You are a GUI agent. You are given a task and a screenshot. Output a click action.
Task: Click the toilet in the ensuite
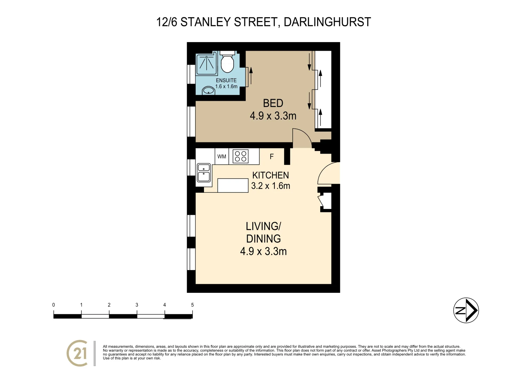[227, 63]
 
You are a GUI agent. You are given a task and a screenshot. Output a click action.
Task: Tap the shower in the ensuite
[206, 64]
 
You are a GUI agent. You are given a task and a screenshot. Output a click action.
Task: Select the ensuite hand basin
[208, 90]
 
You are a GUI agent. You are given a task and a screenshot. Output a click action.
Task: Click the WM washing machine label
[222, 156]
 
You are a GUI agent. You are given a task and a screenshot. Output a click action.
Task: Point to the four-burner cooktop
[241, 156]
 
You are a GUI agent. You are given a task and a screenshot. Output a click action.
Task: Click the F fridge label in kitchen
[272, 157]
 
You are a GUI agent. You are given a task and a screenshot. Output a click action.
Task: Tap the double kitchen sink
[204, 173]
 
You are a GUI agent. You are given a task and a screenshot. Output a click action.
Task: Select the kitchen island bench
[233, 185]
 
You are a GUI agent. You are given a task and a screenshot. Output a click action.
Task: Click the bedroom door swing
[301, 137]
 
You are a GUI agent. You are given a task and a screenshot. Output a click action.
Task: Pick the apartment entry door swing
[328, 173]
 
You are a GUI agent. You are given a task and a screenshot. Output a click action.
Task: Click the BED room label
[273, 103]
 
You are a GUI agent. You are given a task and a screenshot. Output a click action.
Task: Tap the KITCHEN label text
[271, 175]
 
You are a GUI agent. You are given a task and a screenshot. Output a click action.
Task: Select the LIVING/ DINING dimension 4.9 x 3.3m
[263, 251]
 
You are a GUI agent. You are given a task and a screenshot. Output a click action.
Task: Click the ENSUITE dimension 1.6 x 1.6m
[226, 87]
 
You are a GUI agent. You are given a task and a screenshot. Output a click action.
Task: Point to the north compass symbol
[466, 310]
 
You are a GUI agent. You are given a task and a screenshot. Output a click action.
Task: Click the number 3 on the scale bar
[137, 305]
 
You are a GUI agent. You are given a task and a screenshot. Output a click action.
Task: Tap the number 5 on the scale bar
[192, 305]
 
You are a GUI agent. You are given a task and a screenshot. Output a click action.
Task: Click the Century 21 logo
[77, 353]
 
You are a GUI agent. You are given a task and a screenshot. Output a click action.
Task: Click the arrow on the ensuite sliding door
[251, 76]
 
